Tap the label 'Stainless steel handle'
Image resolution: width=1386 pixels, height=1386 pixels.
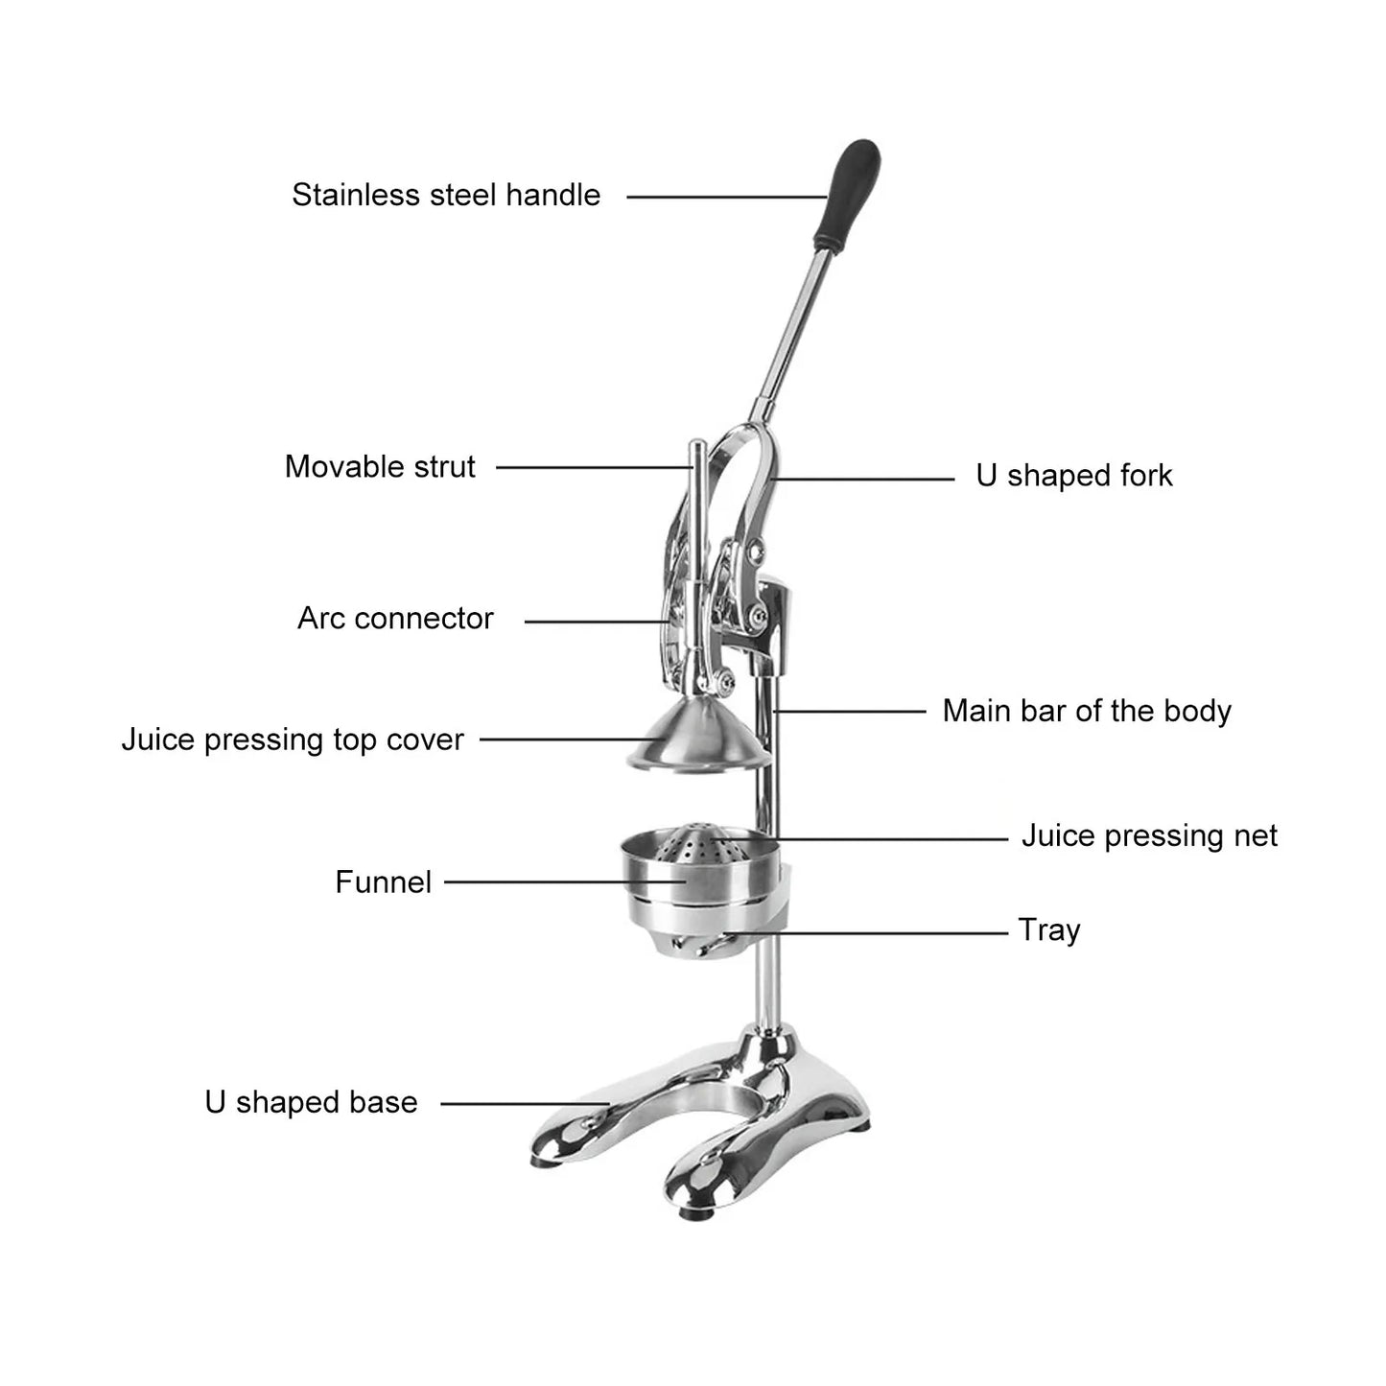(x=446, y=195)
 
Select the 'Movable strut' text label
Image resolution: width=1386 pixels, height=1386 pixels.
(x=380, y=467)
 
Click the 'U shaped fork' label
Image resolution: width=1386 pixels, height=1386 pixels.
(x=1073, y=476)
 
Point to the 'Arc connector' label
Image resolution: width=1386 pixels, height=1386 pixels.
(x=395, y=619)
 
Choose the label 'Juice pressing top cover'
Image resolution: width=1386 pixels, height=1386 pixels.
(x=293, y=740)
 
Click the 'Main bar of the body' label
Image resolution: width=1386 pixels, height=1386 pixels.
(x=1086, y=711)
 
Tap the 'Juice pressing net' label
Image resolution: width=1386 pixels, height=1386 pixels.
(x=1148, y=835)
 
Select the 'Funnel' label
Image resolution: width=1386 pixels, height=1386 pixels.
(x=383, y=881)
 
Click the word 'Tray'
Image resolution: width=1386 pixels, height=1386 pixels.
(x=1048, y=930)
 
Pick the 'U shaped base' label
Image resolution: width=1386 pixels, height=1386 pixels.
(x=311, y=1102)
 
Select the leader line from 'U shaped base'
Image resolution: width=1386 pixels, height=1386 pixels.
(x=523, y=1104)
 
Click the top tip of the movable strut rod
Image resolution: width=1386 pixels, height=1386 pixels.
(x=698, y=446)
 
